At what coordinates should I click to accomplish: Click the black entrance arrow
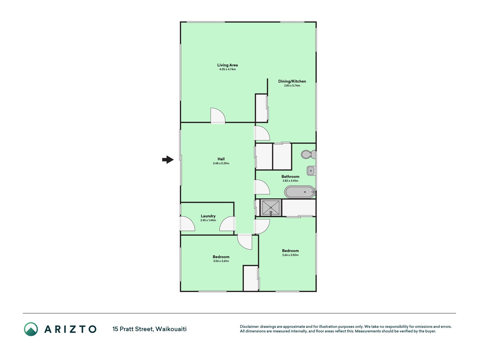pos(168,160)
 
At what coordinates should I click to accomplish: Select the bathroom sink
pos(311,171)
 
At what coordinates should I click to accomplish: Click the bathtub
pos(300,192)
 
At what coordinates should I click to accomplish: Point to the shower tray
pos(271,208)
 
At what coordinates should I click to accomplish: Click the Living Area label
pos(227,65)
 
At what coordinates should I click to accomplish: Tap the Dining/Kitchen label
pos(292,81)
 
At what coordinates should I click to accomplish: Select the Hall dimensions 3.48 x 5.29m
pos(221,163)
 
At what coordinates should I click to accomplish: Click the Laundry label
pos(208,216)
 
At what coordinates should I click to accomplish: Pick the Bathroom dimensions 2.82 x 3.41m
pos(290,181)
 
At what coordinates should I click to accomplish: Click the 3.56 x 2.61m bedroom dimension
pos(221,261)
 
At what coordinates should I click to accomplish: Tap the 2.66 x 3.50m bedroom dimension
pos(290,255)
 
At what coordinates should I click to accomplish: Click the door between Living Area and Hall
pos(218,116)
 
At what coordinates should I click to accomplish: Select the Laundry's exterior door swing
pos(187,224)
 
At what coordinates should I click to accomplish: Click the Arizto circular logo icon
pos(31,329)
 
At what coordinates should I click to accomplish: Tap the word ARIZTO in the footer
pos(70,329)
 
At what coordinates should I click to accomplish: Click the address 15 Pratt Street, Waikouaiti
pos(150,329)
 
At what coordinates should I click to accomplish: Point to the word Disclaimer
pos(249,327)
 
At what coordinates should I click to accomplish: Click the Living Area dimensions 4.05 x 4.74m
pos(227,69)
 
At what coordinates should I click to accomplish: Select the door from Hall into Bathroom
pos(262,187)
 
